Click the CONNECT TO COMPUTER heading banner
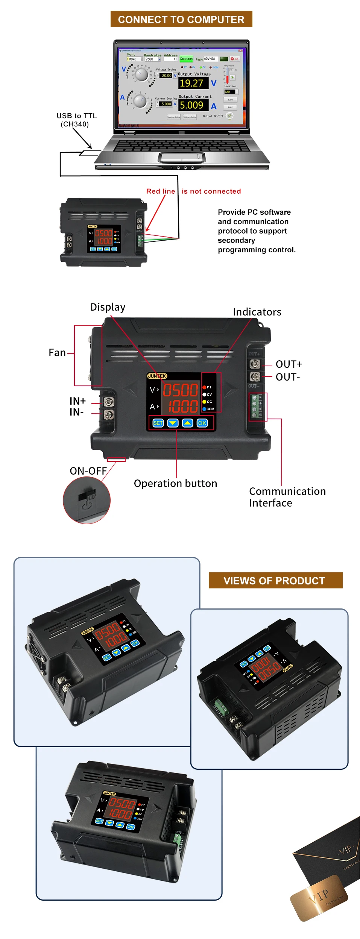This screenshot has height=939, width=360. (x=181, y=19)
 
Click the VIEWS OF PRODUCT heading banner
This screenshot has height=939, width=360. (x=275, y=580)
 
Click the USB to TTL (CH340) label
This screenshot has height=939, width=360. (x=76, y=120)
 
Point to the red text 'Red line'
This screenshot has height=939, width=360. (x=161, y=191)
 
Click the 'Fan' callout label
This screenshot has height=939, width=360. (x=57, y=353)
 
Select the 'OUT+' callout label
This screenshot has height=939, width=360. (x=289, y=364)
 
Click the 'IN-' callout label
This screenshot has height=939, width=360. (x=76, y=412)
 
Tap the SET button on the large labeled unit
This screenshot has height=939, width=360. (x=158, y=423)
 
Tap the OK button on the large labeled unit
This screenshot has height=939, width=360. (x=202, y=423)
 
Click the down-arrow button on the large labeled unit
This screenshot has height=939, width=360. (x=173, y=423)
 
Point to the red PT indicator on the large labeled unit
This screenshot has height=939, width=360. (x=205, y=387)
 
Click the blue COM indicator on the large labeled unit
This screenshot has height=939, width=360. (x=205, y=409)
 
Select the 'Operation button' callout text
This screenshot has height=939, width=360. (x=175, y=483)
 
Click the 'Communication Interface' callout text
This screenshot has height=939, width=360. (x=287, y=497)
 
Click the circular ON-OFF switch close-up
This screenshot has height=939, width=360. (x=87, y=500)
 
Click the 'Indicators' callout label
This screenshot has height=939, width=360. (x=257, y=312)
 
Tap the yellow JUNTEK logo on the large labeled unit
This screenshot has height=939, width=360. (x=157, y=376)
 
